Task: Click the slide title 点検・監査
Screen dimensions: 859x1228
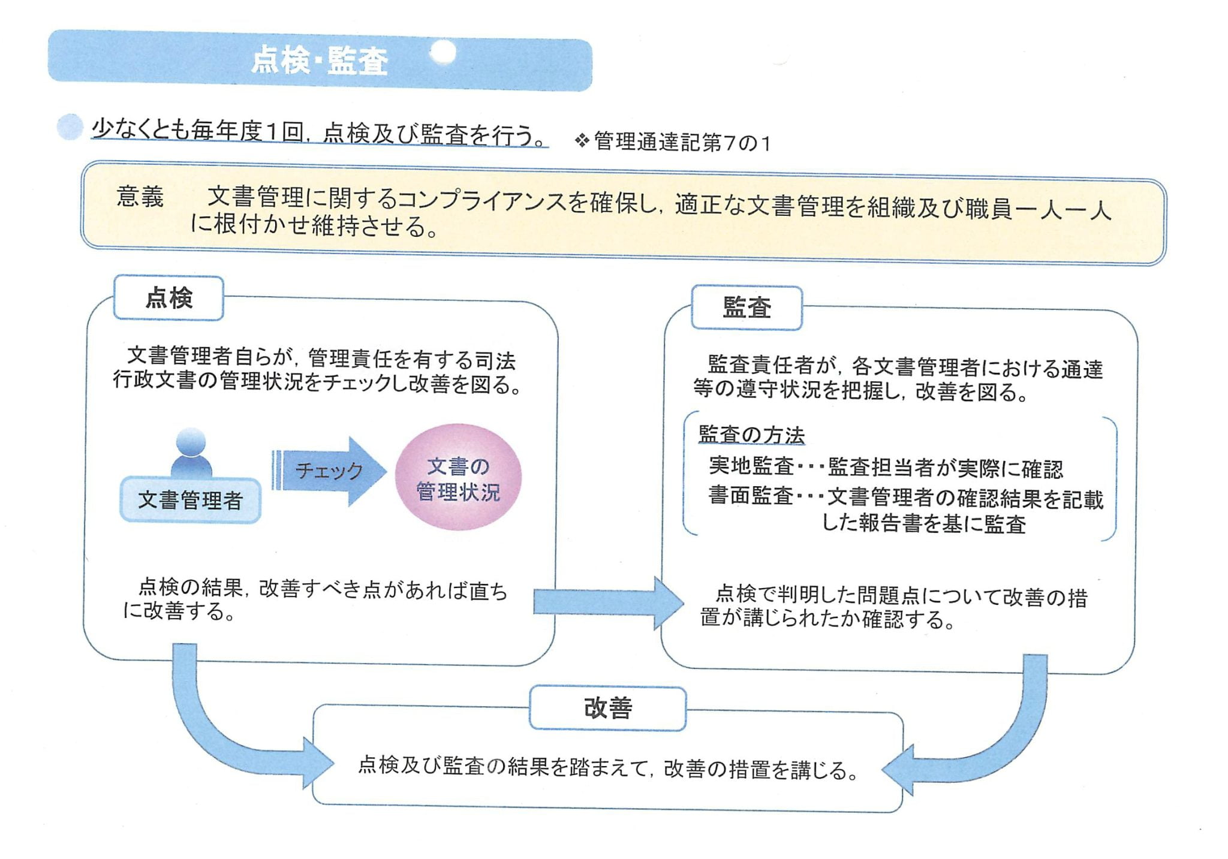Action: [320, 61]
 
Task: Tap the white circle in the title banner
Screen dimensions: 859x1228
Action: [443, 53]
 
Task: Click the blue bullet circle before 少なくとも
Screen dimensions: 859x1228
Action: [69, 126]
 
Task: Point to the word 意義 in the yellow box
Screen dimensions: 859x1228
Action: [140, 197]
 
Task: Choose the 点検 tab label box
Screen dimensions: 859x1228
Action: [168, 298]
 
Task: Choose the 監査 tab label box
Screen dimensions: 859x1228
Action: [747, 308]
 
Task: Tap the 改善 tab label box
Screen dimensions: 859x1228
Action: [607, 708]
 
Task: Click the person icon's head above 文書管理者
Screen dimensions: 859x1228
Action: [191, 442]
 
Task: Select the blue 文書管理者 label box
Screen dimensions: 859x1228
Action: [190, 500]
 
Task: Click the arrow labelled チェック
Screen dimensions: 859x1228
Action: [329, 471]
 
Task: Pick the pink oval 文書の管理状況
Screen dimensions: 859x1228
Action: [458, 478]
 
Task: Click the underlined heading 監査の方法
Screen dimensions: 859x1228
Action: [751, 435]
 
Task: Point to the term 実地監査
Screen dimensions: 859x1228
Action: [751, 466]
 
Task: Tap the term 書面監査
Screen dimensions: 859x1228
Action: [751, 496]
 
